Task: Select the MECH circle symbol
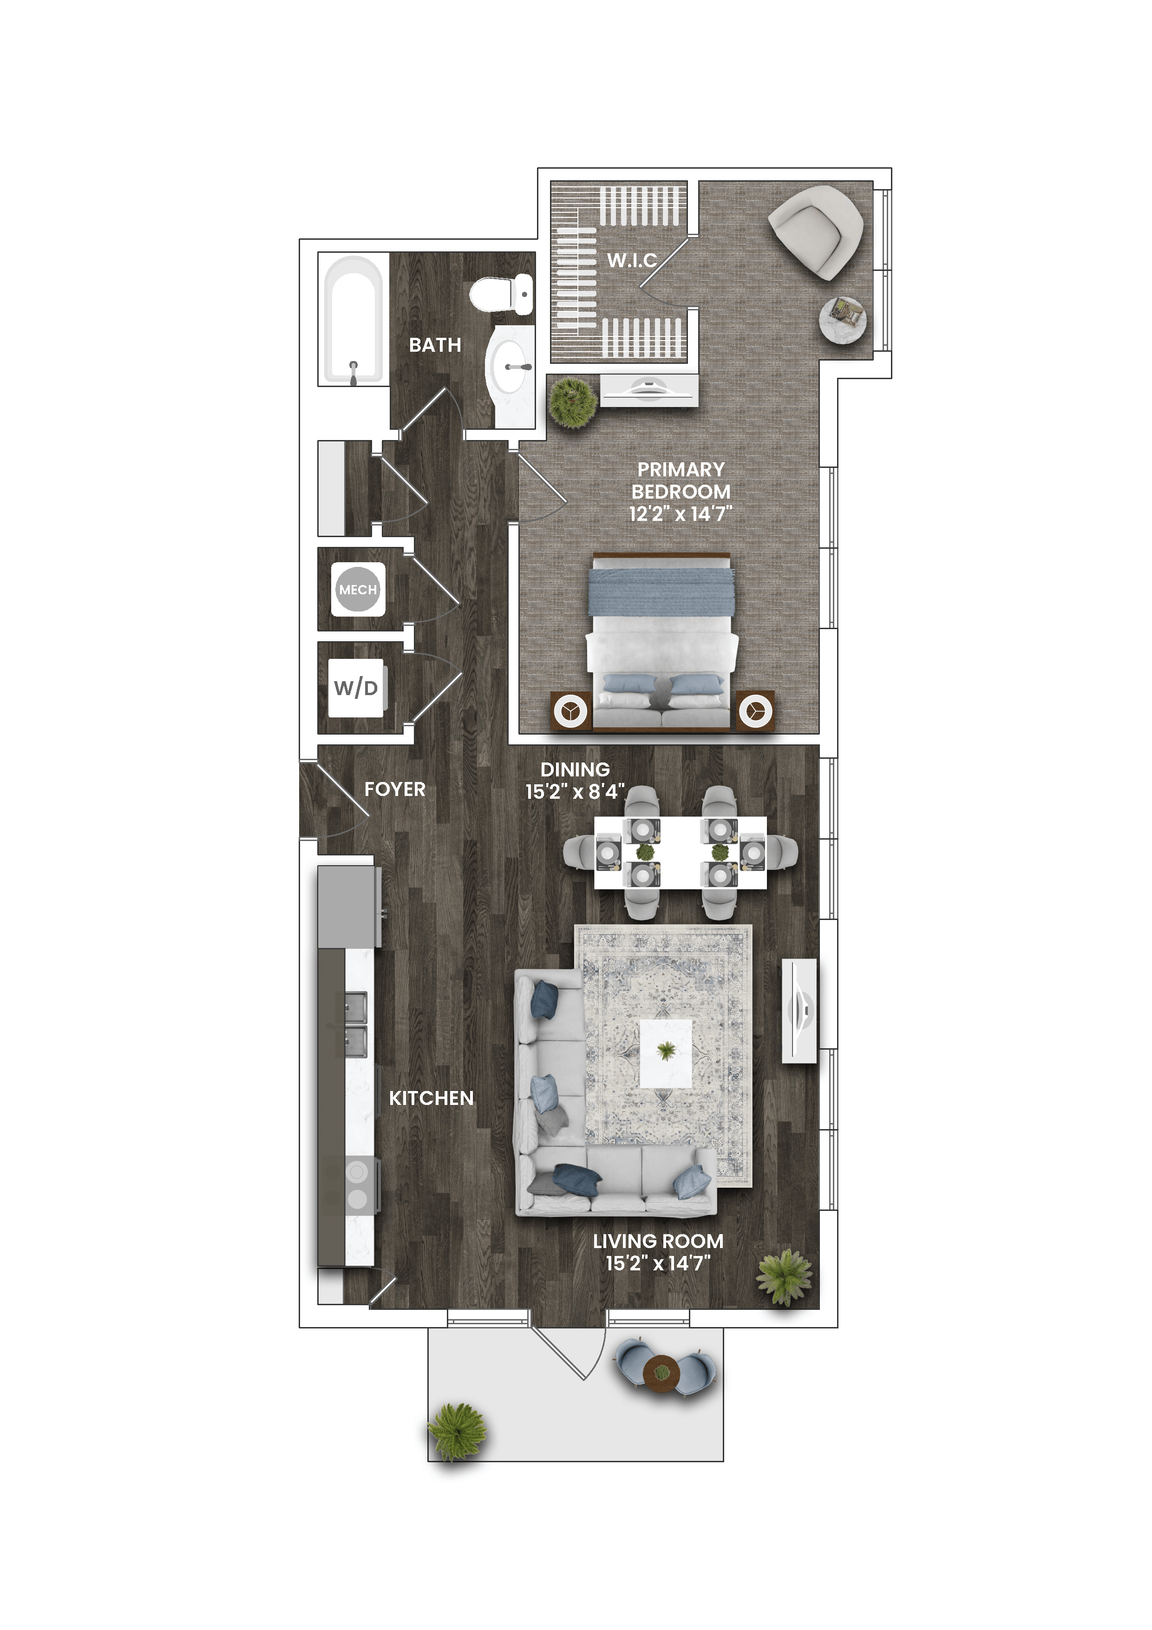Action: pyautogui.click(x=358, y=589)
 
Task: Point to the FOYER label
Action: pyautogui.click(x=395, y=789)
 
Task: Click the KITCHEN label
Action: pyautogui.click(x=431, y=1098)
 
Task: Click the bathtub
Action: pyautogui.click(x=353, y=320)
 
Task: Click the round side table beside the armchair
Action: pyautogui.click(x=843, y=320)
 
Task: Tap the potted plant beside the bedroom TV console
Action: pyautogui.click(x=573, y=402)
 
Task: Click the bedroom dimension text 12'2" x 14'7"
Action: pyautogui.click(x=680, y=514)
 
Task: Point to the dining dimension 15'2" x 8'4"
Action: pyautogui.click(x=574, y=792)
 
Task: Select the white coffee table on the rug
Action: pyautogui.click(x=666, y=1053)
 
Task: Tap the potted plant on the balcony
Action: pyautogui.click(x=457, y=1431)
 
